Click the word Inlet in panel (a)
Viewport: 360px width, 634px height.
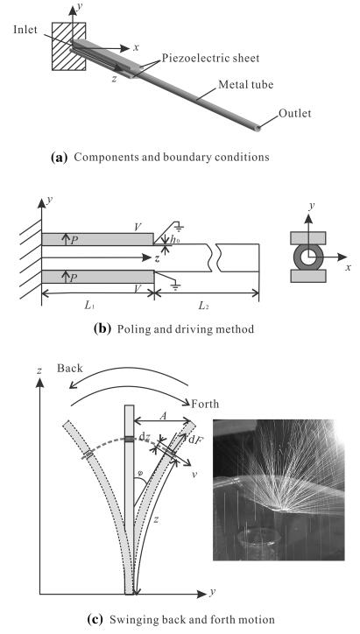[25, 30]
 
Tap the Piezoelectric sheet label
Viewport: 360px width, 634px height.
[210, 58]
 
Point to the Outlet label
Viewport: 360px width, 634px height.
[295, 113]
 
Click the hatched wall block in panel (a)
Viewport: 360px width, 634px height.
[69, 46]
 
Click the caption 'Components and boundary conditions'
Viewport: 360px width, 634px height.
[171, 157]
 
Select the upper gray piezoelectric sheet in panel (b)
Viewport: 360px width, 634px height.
[97, 239]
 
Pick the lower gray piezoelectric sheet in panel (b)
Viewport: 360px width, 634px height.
[97, 277]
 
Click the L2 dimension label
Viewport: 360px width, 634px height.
[203, 306]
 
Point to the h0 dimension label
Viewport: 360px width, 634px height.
[174, 240]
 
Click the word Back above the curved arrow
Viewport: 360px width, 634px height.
[69, 368]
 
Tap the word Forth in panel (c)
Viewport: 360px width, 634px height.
[205, 404]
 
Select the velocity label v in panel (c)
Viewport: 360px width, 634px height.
[195, 474]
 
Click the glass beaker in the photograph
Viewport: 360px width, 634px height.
[259, 544]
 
